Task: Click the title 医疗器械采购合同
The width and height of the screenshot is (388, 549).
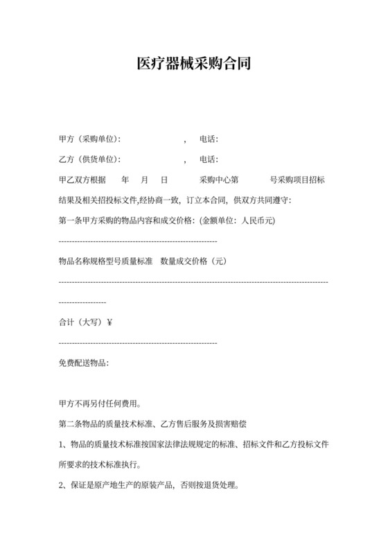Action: pyautogui.click(x=193, y=64)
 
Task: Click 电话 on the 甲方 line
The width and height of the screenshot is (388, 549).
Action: pyautogui.click(x=208, y=140)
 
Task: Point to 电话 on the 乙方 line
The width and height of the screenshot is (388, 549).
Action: pyautogui.click(x=208, y=160)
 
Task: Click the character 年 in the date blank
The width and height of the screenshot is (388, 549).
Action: pyautogui.click(x=125, y=180)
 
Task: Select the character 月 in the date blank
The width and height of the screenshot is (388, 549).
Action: pyautogui.click(x=144, y=180)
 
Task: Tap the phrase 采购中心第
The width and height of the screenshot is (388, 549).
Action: pyautogui.click(x=219, y=180)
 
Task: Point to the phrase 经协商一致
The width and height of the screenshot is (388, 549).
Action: pyautogui.click(x=159, y=200)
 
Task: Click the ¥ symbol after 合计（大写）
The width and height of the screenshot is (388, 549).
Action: pyautogui.click(x=111, y=322)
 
